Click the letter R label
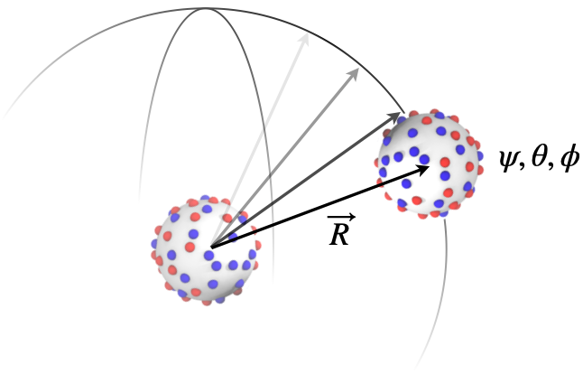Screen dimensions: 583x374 (339, 235)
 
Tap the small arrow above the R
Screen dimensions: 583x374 (341, 217)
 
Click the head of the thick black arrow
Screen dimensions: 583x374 (421, 170)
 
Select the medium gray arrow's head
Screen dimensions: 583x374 (353, 74)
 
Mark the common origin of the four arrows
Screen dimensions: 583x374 (211, 248)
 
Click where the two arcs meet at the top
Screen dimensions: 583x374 (206, 8)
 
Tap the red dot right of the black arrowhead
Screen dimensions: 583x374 (445, 163)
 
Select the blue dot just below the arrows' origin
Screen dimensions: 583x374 (209, 256)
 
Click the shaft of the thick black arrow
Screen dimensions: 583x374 (317, 209)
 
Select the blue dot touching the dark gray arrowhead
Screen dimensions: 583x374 (402, 119)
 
